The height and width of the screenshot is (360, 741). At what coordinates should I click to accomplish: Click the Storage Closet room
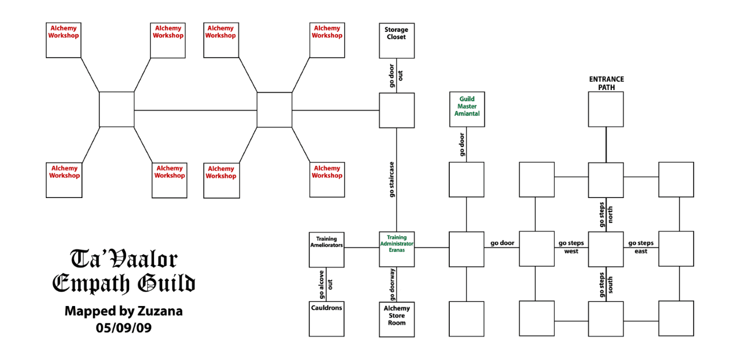[397, 41]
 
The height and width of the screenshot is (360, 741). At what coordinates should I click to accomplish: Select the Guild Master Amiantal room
[467, 110]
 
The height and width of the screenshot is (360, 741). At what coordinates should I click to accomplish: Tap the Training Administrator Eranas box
[397, 249]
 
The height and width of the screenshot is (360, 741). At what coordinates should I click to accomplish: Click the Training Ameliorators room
[326, 249]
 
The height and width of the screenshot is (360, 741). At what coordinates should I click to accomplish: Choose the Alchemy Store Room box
[397, 319]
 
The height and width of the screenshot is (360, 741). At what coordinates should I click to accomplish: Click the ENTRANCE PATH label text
[606, 83]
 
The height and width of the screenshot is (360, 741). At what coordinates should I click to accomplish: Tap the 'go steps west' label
[571, 247]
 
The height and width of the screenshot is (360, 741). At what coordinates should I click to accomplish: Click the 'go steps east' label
[641, 247]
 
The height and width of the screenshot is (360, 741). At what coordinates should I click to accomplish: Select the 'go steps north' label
[606, 214]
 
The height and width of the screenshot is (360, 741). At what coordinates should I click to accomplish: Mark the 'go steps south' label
[606, 284]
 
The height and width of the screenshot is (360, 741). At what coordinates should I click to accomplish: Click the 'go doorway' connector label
[392, 284]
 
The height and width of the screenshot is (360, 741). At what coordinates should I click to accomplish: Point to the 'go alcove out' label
[326, 284]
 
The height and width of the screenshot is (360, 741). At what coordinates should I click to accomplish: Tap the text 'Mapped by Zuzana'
[123, 311]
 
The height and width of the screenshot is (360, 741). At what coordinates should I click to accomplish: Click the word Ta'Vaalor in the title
[123, 260]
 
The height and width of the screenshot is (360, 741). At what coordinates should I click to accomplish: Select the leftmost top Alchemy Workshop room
[64, 40]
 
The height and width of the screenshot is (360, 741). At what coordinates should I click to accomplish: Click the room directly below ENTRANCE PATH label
[606, 110]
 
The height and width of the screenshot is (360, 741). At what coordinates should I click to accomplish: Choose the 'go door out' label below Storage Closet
[396, 75]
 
